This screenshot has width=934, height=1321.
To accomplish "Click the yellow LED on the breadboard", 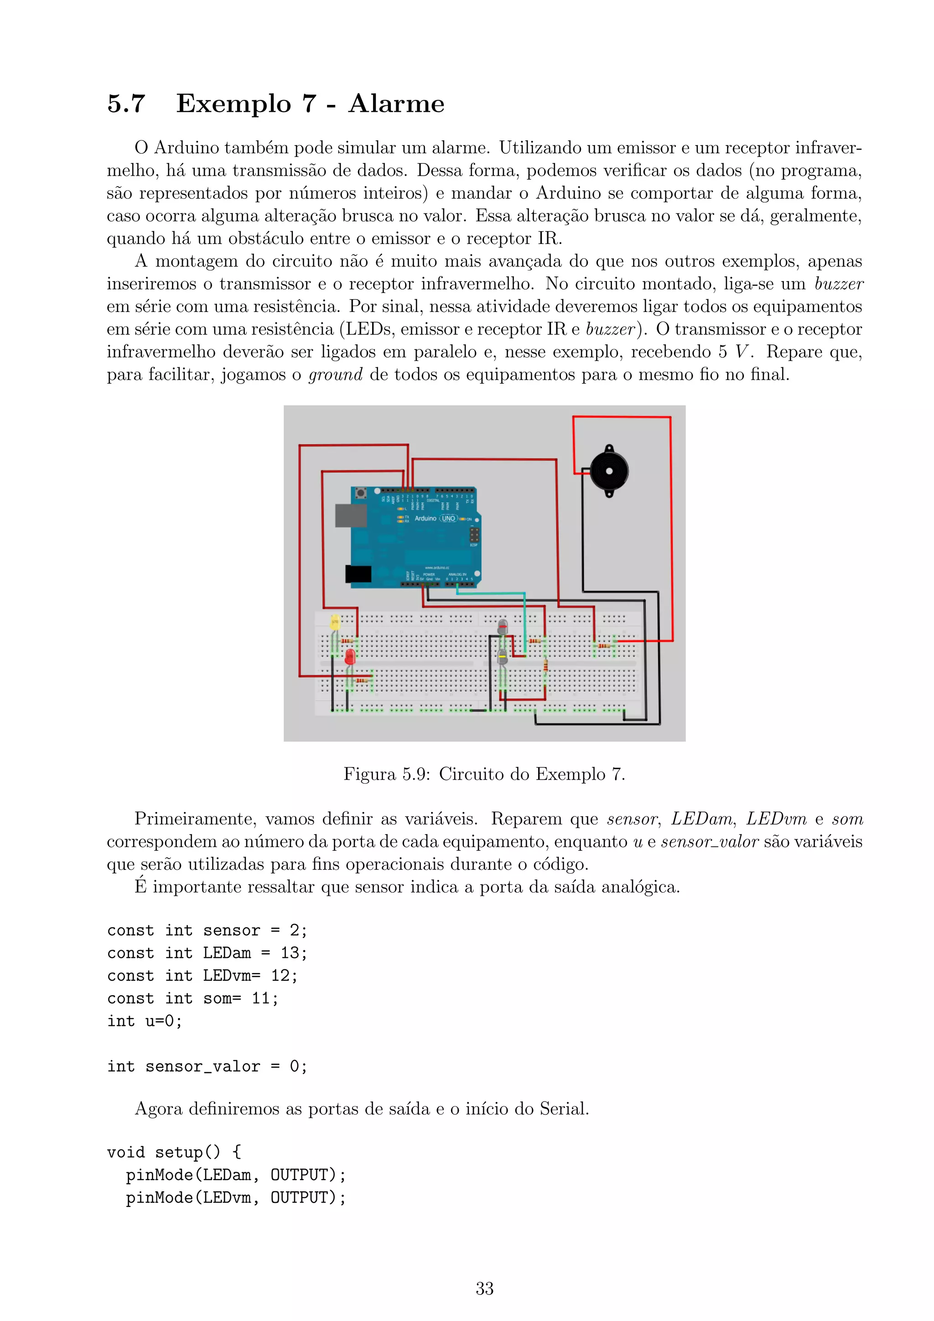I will pos(335,622).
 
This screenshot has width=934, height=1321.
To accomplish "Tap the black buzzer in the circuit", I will pos(609,471).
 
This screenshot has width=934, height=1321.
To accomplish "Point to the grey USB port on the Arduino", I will pos(351,515).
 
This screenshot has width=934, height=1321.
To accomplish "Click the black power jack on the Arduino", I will pos(358,574).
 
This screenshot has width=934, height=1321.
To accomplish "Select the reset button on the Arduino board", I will pos(361,493).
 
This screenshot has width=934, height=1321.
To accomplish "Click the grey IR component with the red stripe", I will pos(503,627).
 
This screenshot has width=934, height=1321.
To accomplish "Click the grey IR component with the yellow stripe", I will pos(502,656).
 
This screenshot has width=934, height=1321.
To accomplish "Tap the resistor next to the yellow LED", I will pos(348,640).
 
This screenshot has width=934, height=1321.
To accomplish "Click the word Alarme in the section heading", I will pos(396,104).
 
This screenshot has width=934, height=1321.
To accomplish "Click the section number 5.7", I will pos(126,104).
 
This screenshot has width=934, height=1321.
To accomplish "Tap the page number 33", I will pos(484,1288).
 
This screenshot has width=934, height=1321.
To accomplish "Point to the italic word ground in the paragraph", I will pos(335,374).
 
